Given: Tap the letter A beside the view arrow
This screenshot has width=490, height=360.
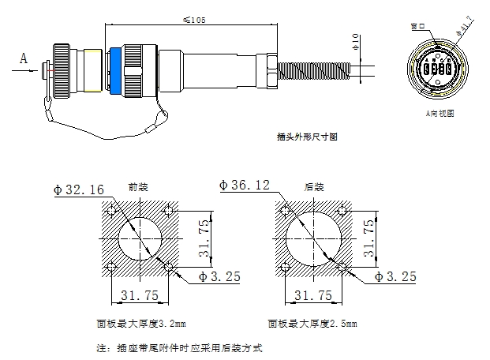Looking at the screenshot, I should point(23,57).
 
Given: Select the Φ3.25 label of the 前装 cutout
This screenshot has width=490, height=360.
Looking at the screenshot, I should point(211,276).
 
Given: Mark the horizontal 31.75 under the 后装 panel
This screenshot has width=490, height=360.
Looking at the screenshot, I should point(312,295).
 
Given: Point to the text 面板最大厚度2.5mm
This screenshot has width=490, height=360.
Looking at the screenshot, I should point(312,324).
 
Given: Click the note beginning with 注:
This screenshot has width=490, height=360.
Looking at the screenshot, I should point(178,347).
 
